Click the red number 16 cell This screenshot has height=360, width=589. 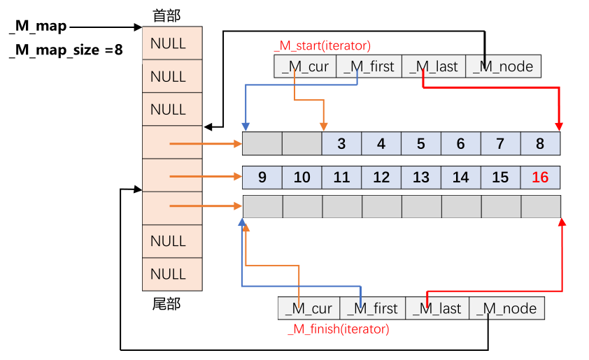(x=540, y=178)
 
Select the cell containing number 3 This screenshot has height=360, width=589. (x=341, y=144)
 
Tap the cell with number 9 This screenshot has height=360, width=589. (x=262, y=178)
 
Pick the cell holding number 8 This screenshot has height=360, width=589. (x=540, y=144)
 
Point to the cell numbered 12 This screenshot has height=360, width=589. (x=381, y=178)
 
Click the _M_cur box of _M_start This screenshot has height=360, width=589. (x=306, y=66)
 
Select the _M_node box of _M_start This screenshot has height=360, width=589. (x=503, y=66)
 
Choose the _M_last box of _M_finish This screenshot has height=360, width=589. (x=438, y=308)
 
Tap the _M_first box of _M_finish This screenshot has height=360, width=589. (x=372, y=308)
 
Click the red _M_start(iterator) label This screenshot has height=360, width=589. (x=322, y=46)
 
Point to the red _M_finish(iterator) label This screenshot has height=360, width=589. (x=338, y=329)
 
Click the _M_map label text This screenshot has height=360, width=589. (x=38, y=27)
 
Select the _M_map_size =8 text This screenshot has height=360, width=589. (x=66, y=50)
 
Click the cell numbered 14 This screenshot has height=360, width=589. (x=460, y=178)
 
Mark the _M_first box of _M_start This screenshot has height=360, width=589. (x=369, y=66)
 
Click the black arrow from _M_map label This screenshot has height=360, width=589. (x=105, y=27)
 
